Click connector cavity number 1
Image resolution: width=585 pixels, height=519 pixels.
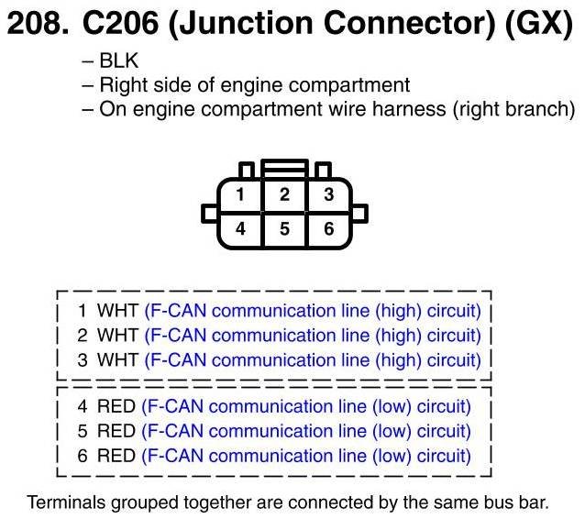[239, 194]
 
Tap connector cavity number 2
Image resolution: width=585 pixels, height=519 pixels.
[285, 194]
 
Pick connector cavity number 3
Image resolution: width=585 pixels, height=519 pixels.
[329, 194]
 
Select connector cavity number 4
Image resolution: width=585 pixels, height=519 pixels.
[239, 228]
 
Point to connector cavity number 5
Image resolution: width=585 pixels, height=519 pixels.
[285, 228]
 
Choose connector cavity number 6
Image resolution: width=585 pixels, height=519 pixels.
[329, 228]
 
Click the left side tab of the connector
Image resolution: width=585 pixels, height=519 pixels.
[208, 214]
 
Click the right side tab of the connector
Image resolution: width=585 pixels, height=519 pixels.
[359, 214]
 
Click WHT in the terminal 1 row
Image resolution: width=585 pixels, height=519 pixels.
[116, 311]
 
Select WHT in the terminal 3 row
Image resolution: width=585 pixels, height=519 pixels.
[116, 360]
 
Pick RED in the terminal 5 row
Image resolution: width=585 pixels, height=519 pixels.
[116, 431]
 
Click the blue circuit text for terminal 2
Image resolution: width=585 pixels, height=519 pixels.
[313, 336]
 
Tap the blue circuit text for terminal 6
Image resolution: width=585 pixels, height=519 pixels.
[306, 456]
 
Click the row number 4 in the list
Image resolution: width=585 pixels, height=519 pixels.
[82, 406]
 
